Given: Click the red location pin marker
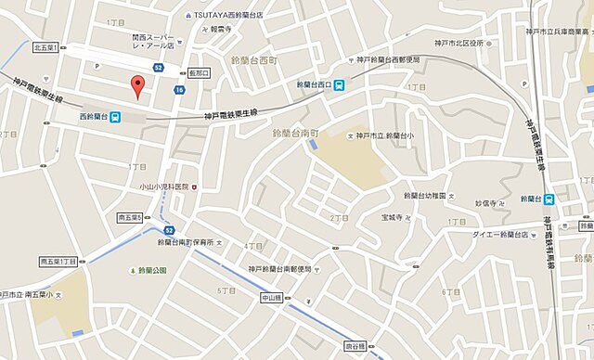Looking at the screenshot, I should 139,86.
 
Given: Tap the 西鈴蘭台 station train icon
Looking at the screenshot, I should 116,117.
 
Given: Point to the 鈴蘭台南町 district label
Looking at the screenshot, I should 294,134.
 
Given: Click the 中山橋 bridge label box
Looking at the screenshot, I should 269,298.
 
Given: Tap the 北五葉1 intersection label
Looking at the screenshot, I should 45,47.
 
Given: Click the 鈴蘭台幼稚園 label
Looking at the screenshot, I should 426,196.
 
